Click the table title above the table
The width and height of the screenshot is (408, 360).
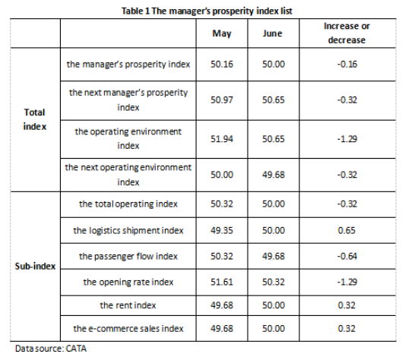coord(207,11)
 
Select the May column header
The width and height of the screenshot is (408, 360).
coord(222,33)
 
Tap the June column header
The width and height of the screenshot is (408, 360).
coord(273,33)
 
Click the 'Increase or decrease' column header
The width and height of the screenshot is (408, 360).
coord(347,33)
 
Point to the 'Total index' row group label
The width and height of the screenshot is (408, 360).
coord(35,119)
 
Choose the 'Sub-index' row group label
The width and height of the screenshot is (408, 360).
coord(35,266)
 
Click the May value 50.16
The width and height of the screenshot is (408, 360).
coord(222,65)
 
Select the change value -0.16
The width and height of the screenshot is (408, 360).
coord(347,65)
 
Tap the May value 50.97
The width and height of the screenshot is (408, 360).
coord(222,100)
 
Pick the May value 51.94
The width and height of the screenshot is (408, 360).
coord(222,139)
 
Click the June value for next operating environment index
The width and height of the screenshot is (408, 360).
coord(274,175)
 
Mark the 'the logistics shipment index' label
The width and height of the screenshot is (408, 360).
coord(128,231)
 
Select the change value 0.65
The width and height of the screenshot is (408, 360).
coord(346,230)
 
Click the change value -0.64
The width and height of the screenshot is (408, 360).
coord(347,256)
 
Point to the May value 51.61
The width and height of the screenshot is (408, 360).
coord(222,282)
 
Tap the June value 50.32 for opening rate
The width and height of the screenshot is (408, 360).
coord(274,282)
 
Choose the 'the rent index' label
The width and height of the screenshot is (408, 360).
coord(128,305)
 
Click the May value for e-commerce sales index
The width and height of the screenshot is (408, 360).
coord(222,329)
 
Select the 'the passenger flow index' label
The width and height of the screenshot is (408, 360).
coord(128,257)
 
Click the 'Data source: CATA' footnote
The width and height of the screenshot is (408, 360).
coord(51,349)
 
